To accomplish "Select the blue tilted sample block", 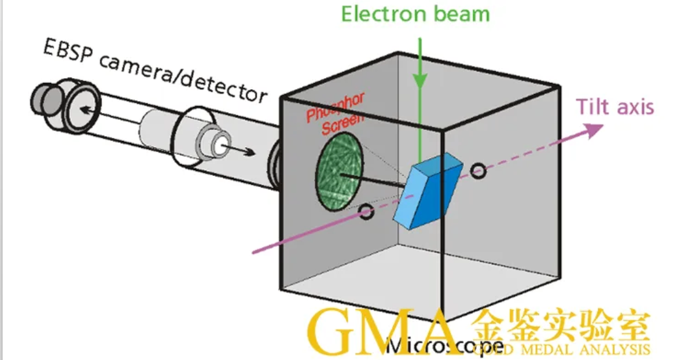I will coord(431,191).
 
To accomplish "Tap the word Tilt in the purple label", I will coord(594,107).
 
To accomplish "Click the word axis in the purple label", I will coord(634,108).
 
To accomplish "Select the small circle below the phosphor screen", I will coord(367,214).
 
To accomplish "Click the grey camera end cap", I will coord(46,98).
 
